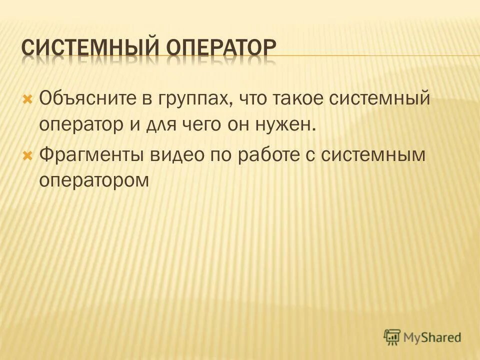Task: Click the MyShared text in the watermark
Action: tap(432, 337)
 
